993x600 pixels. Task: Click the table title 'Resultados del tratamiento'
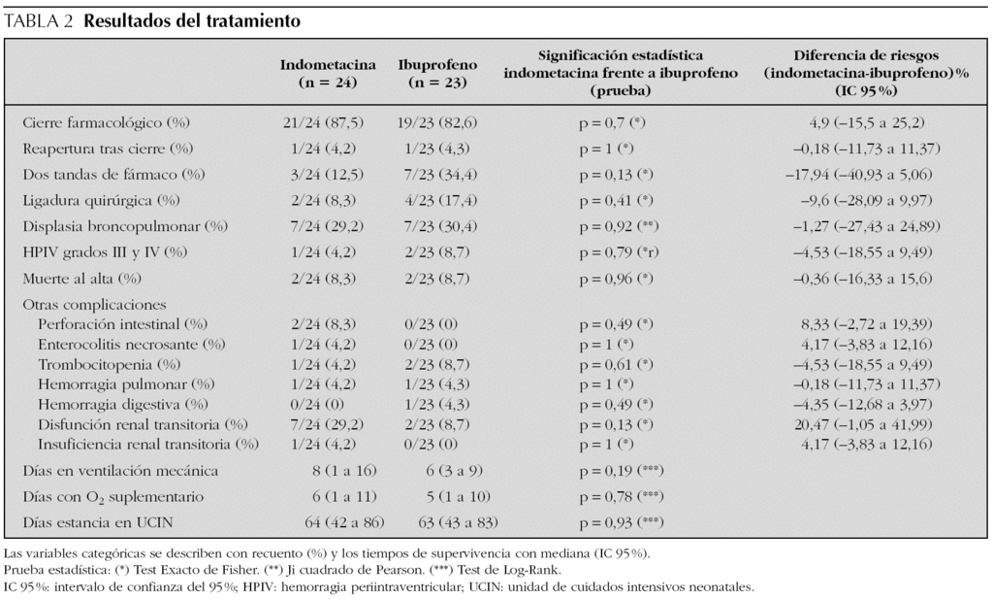pyautogui.click(x=192, y=20)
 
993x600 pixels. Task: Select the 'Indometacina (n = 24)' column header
pyautogui.click(x=329, y=74)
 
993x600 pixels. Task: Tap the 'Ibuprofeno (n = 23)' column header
pyautogui.click(x=437, y=74)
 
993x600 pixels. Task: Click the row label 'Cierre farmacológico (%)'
pyautogui.click(x=106, y=123)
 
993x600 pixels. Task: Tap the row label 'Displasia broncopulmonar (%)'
pyautogui.click(x=124, y=225)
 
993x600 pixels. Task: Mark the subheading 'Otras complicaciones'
pyautogui.click(x=93, y=304)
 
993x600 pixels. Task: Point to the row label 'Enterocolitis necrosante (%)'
pyautogui.click(x=132, y=343)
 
